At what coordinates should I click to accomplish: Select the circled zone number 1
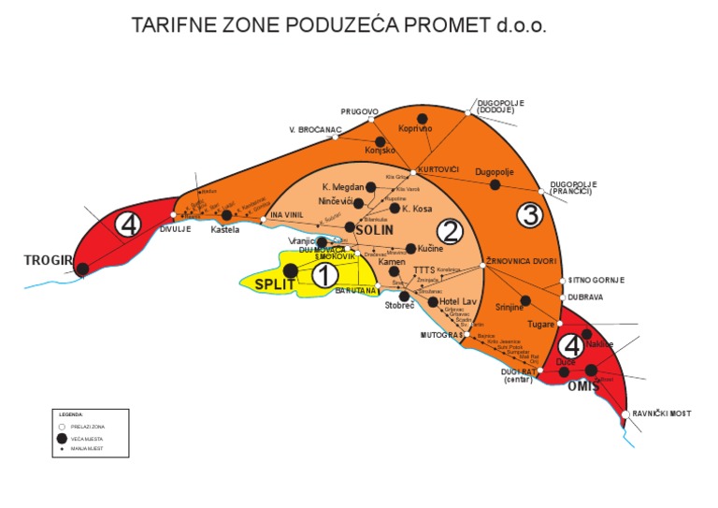click(x=323, y=275)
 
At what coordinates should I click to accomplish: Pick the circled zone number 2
click(x=451, y=231)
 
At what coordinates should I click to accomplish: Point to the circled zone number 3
click(x=530, y=215)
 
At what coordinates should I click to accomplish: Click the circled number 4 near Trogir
click(x=128, y=225)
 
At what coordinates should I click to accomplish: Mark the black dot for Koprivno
click(x=423, y=119)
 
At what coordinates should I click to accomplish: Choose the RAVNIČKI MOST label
click(x=661, y=414)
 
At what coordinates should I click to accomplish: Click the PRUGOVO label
click(x=360, y=111)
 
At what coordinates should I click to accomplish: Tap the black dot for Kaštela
click(x=226, y=215)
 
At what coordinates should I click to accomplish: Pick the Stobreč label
click(x=399, y=305)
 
